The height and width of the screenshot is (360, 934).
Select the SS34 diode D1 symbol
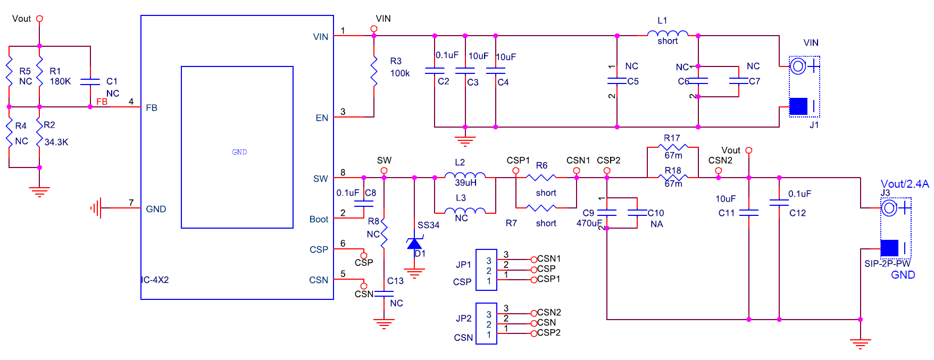click(414, 244)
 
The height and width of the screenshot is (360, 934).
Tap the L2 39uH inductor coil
click(465, 175)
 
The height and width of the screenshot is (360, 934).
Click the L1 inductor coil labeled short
click(668, 34)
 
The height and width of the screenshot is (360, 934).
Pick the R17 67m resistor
click(673, 147)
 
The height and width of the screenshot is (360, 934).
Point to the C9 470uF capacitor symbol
click(607, 212)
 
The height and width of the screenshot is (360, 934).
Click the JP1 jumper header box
click(486, 270)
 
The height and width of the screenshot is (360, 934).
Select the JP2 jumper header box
click(486, 324)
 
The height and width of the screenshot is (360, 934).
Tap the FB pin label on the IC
click(152, 108)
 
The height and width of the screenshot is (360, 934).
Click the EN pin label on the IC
click(322, 118)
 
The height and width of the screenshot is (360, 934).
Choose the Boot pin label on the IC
click(319, 220)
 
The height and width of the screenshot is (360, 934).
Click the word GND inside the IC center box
click(239, 152)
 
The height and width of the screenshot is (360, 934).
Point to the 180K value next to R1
click(60, 81)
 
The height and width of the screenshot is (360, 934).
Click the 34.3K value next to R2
click(56, 142)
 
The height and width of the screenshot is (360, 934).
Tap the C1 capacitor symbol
click(90, 81)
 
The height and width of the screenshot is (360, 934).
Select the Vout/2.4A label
click(904, 184)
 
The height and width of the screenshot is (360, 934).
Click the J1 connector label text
click(814, 125)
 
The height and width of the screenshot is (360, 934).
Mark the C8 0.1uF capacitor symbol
click(364, 203)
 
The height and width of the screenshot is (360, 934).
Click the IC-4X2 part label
click(155, 280)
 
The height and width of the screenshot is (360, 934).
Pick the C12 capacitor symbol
click(779, 202)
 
